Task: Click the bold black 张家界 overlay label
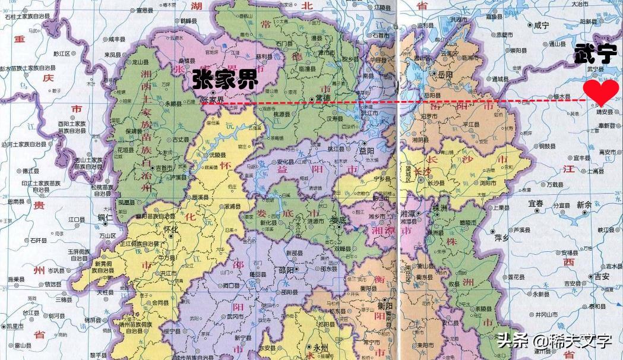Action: pos(224,81)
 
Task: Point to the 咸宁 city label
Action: pos(542,25)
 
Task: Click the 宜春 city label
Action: pos(536,204)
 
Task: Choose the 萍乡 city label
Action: pos(502,237)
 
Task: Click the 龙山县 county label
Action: pos(140,61)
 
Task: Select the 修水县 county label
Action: pos(559,96)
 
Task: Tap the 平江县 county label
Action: pos(470,124)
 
